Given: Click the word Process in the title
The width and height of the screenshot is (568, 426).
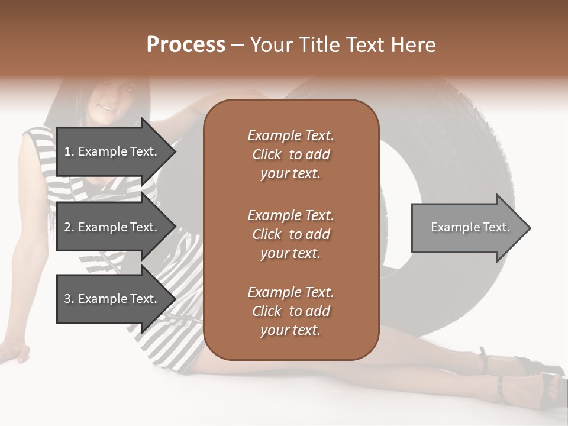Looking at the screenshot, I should pyautogui.click(x=186, y=44).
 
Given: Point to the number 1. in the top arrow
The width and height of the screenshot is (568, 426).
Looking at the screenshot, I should pyautogui.click(x=69, y=151).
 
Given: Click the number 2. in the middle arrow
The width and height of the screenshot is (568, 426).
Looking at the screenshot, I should pyautogui.click(x=69, y=227).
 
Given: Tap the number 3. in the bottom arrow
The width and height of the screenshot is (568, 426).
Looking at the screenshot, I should pyautogui.click(x=69, y=299).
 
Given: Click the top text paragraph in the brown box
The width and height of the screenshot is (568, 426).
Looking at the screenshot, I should pyautogui.click(x=291, y=154).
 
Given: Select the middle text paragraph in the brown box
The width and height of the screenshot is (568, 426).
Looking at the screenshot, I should pyautogui.click(x=291, y=234).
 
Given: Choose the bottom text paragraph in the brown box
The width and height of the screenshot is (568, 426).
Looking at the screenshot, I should pyautogui.click(x=291, y=311).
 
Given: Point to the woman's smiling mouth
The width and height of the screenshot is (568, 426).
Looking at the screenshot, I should pyautogui.click(x=107, y=109).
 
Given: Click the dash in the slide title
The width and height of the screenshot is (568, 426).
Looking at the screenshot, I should pyautogui.click(x=237, y=45).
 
